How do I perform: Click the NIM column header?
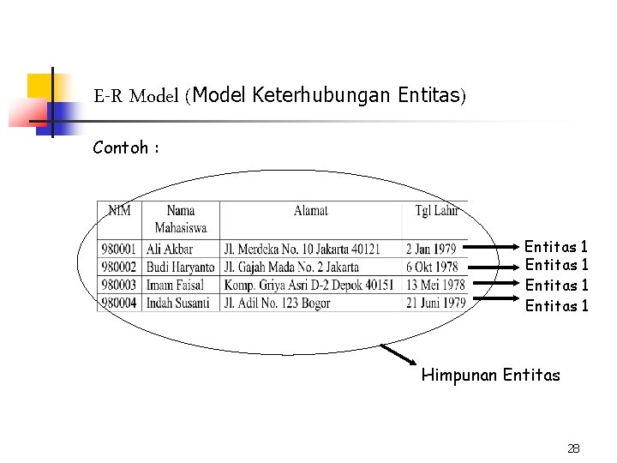coord(119,210)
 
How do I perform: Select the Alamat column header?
coord(310,210)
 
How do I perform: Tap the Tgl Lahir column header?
coord(436,210)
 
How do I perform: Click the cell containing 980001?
coord(119,249)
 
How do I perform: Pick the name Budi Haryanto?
coord(180,267)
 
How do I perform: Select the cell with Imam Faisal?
coord(175,285)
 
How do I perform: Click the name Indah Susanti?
coord(177,303)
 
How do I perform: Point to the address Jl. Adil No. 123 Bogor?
coord(277,303)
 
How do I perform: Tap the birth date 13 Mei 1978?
coord(435,285)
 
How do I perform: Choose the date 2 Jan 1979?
coord(431,249)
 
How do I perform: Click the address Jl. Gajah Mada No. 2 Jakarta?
coord(291,267)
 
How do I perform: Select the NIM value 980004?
coord(119,303)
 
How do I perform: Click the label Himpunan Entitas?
coord(490,375)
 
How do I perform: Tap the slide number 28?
coord(573,448)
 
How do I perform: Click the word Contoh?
coord(121,147)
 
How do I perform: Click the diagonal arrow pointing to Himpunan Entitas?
coord(399,356)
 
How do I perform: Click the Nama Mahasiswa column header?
coord(180,219)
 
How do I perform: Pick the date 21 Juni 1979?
coord(436,303)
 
